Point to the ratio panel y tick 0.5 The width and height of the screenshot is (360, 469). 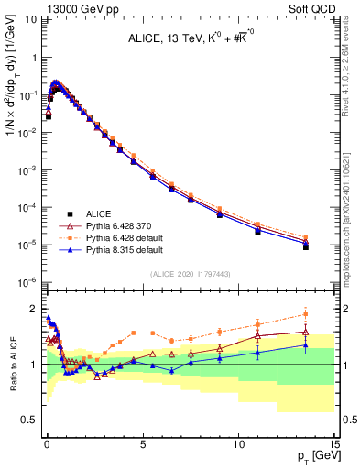[x=32, y=420]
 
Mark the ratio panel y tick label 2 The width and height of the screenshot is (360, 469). [x=35, y=309]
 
